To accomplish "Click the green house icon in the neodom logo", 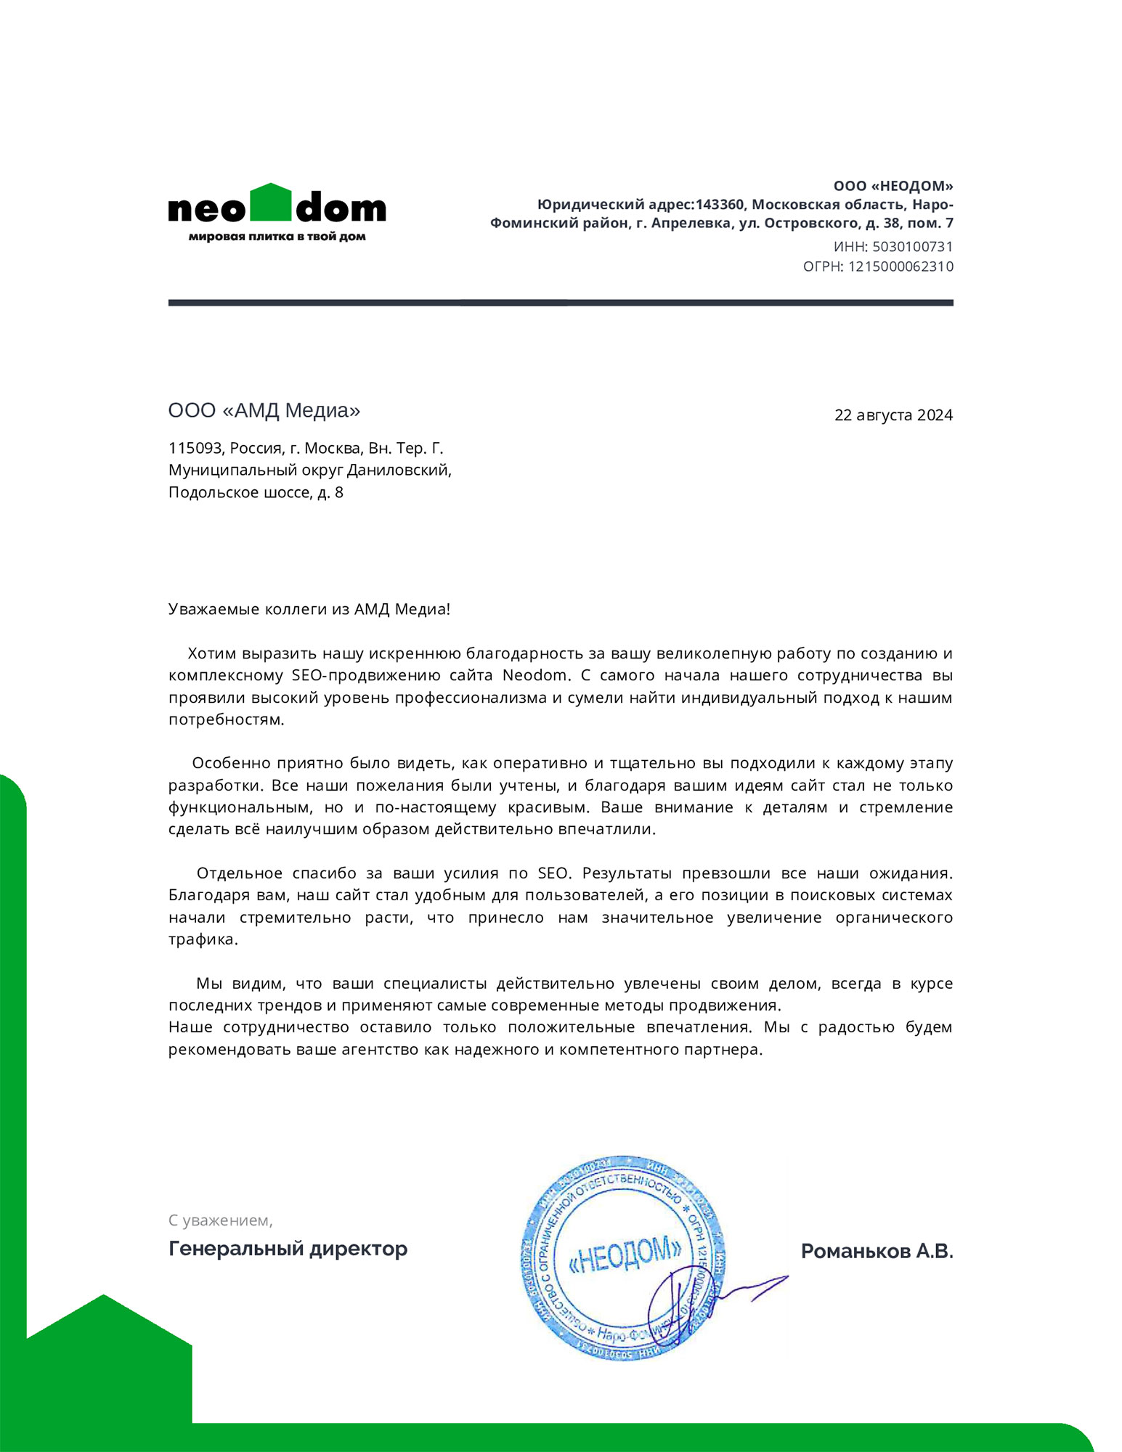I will coord(270,202).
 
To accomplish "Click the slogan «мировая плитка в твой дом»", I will coord(277,237).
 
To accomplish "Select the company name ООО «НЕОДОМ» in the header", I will coord(893,187).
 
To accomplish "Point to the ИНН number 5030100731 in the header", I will coord(911,247).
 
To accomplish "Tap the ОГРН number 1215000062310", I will coord(900,266).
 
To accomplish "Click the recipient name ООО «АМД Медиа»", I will coord(264,411).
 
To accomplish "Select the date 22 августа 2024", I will coord(893,415).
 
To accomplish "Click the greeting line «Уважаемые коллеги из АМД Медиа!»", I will coord(309,609).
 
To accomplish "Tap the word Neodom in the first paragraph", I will coord(534,675).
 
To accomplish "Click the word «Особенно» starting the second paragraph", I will coord(229,763).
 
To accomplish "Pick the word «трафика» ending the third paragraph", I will coord(203,939).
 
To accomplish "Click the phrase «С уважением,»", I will coord(220,1220).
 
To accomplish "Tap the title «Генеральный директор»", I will coord(288,1249).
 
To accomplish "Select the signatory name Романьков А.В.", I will coord(877,1251).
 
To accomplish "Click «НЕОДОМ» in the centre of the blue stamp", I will coord(624,1257).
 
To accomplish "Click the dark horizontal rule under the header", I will coord(560,303).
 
